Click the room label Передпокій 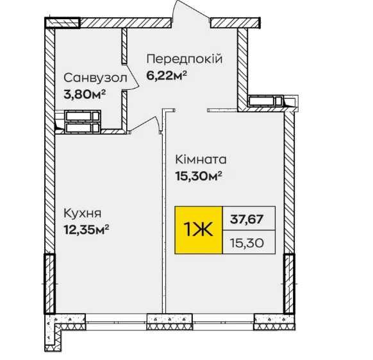(x=185, y=59)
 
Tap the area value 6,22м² (x=166, y=76)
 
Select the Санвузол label (x=95, y=78)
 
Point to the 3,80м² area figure (x=85, y=94)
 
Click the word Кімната (x=201, y=159)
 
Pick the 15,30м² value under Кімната (x=199, y=176)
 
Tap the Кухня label (x=83, y=214)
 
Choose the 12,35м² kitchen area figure (x=86, y=230)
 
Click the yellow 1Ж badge (x=199, y=230)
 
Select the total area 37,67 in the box (x=247, y=218)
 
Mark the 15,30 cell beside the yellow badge (x=247, y=243)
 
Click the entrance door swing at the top (x=190, y=11)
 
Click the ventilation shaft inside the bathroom (x=83, y=122)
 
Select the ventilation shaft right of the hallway (x=266, y=101)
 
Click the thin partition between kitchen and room (x=164, y=212)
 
